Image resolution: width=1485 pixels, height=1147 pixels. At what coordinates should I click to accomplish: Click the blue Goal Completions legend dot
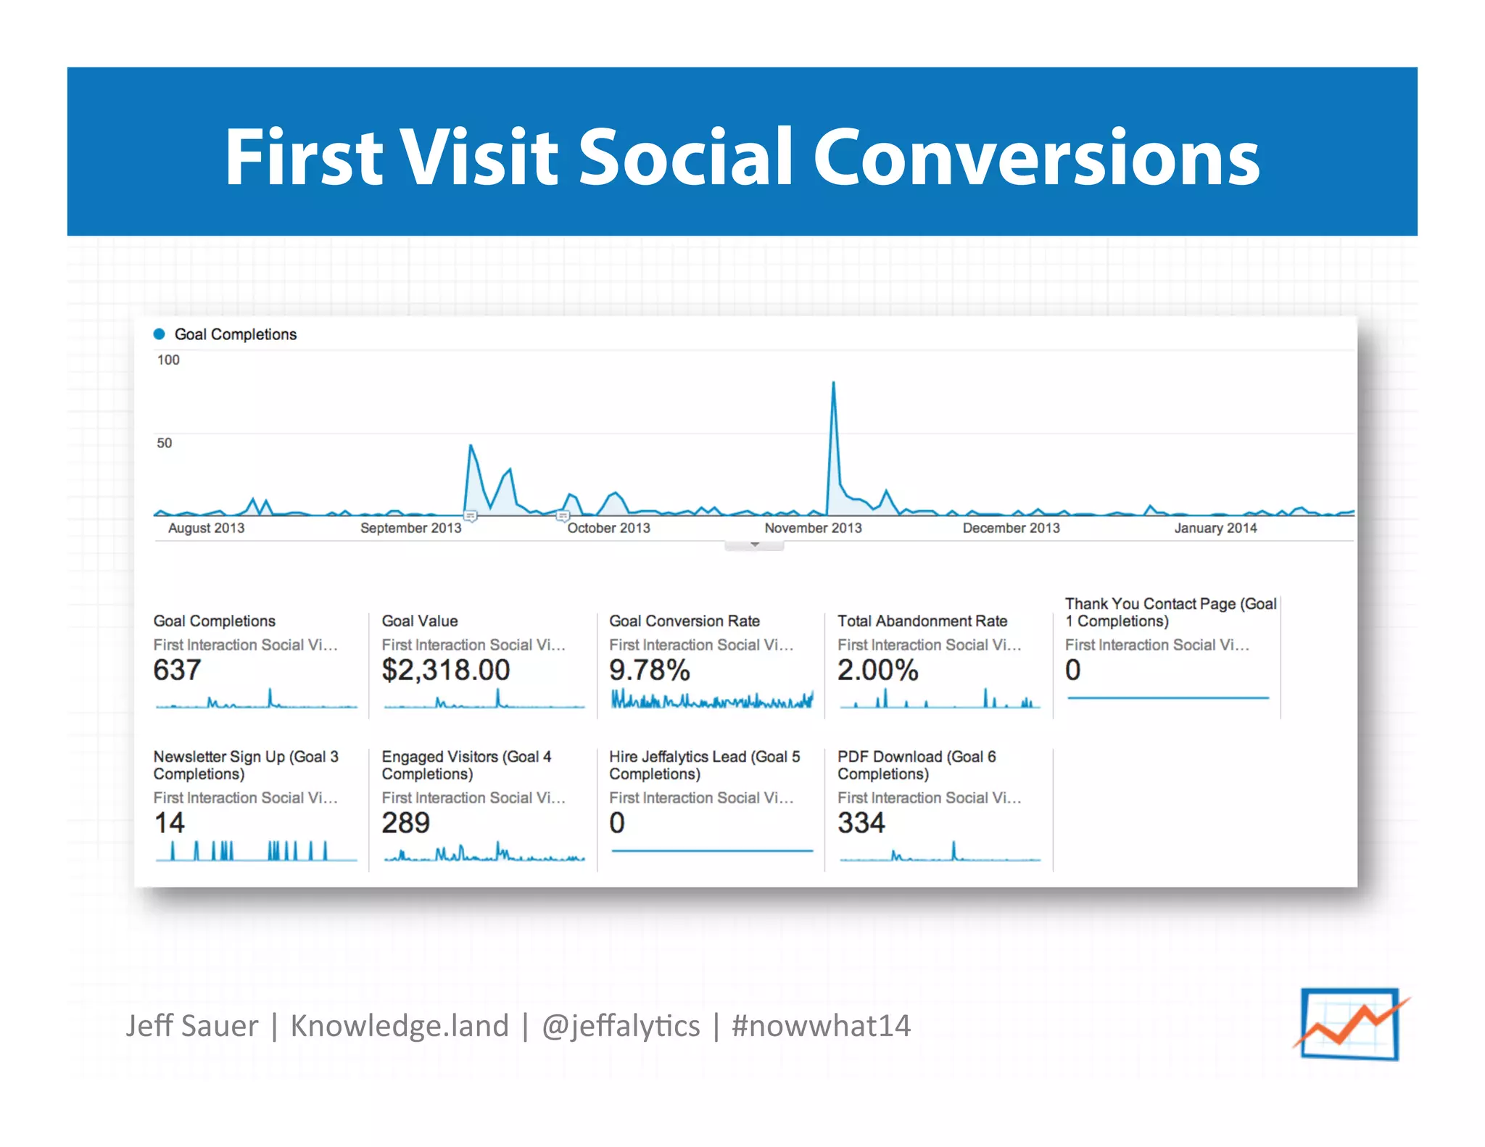click(159, 334)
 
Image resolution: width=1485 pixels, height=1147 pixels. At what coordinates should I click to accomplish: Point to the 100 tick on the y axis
click(168, 360)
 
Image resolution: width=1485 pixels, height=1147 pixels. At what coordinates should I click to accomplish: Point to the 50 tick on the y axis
click(165, 443)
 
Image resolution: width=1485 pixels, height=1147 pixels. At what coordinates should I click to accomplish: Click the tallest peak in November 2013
click(833, 384)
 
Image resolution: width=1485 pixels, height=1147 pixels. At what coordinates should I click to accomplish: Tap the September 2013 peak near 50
click(471, 446)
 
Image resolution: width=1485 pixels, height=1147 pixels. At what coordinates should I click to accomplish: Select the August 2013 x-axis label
click(206, 529)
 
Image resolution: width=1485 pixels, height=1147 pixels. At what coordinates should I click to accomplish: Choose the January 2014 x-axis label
click(1215, 529)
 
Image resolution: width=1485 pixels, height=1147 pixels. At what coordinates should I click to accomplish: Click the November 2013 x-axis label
click(813, 529)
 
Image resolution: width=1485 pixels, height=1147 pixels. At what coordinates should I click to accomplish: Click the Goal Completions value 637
click(177, 670)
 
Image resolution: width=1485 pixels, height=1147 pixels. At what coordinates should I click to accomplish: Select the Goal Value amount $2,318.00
click(446, 670)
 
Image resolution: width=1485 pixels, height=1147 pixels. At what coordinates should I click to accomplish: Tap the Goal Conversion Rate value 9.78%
click(649, 670)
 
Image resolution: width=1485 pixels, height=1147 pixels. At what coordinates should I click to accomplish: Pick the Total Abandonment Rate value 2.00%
click(877, 670)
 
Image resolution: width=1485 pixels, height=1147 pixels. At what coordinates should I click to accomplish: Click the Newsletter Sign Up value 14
click(169, 823)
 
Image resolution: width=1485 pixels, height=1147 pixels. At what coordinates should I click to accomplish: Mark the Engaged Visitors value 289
click(405, 823)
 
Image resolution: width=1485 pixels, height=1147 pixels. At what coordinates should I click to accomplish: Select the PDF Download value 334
click(861, 823)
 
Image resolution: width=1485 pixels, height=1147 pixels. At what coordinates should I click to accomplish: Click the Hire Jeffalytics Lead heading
click(704, 765)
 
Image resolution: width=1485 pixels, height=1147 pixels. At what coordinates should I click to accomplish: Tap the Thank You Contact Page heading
click(1170, 613)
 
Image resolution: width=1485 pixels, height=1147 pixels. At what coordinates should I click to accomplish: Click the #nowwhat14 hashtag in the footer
click(821, 1026)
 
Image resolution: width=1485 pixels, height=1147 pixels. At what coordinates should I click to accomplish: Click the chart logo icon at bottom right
click(1350, 1024)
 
